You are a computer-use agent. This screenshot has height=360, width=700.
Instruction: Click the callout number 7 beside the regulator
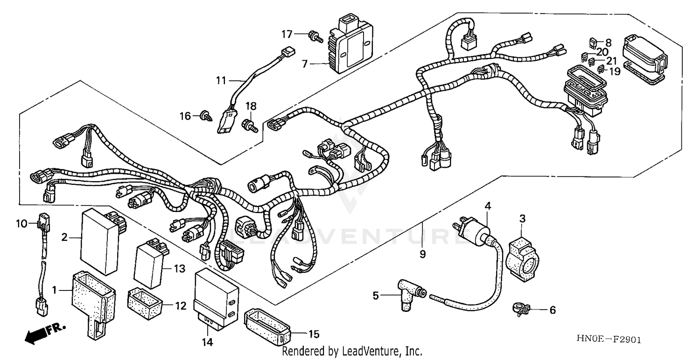click(x=305, y=64)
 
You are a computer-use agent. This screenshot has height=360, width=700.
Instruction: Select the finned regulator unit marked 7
click(x=353, y=45)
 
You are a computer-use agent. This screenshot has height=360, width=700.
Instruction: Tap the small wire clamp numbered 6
click(x=522, y=309)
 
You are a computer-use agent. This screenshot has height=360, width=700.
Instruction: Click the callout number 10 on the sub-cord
click(x=22, y=224)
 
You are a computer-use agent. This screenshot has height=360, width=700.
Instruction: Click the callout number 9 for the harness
click(x=422, y=255)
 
